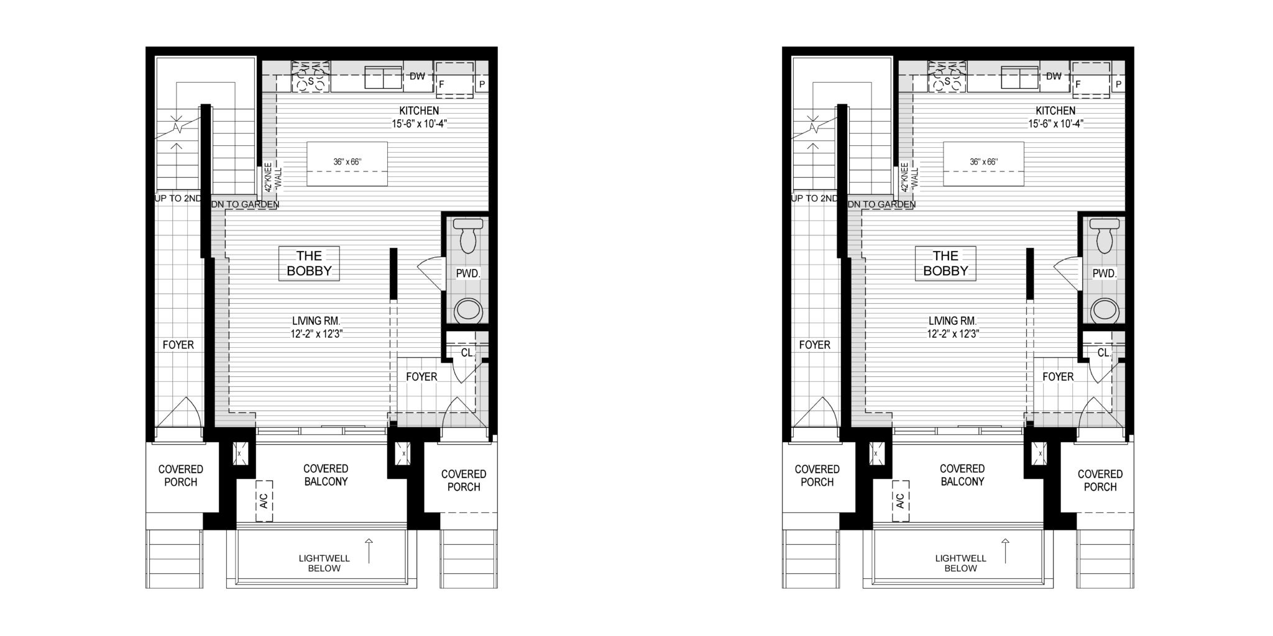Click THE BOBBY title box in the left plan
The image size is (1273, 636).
click(x=309, y=263)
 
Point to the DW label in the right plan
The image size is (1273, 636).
click(x=1054, y=76)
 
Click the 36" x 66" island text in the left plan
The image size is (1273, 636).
click(x=347, y=162)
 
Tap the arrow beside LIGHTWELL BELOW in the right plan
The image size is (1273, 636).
click(x=1005, y=550)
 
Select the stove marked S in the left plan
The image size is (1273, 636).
click(x=310, y=76)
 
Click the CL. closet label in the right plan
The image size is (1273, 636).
click(x=1103, y=353)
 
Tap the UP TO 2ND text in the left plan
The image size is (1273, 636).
click(x=178, y=199)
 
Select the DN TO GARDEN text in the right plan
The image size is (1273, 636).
click(x=881, y=204)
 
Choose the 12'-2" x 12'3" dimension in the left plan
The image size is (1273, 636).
click(x=317, y=334)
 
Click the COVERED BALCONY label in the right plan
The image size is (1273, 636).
click(x=962, y=475)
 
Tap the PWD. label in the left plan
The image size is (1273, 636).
click(x=468, y=273)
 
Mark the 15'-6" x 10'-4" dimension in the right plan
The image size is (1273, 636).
click(x=1055, y=124)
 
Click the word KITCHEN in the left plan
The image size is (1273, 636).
click(x=419, y=111)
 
